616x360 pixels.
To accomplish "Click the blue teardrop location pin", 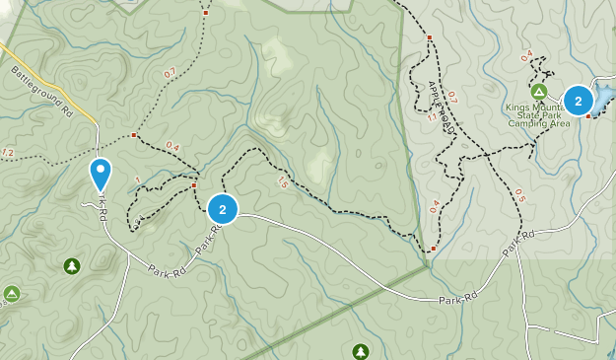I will pos(101,174).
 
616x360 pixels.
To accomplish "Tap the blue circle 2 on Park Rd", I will pos(223,209).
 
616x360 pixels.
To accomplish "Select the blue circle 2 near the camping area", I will pos(578,101).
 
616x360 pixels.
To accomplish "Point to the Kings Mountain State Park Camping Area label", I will pos(539,115).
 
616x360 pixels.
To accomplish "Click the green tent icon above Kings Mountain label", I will pos(538,92).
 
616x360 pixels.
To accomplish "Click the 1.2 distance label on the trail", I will pos(8,153).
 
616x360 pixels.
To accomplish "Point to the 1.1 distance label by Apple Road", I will pos(433,117).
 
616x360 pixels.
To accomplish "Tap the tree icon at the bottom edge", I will pos(361,351).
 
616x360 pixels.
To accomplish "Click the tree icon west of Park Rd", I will pos(72,266).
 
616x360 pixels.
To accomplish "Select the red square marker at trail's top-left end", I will pos(206,13).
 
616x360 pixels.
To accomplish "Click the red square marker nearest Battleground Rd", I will pos(133,134).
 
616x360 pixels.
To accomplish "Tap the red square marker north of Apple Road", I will pos(430,37).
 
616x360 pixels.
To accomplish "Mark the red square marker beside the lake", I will pos(588,116).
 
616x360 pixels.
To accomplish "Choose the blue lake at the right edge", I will pos(603,96).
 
